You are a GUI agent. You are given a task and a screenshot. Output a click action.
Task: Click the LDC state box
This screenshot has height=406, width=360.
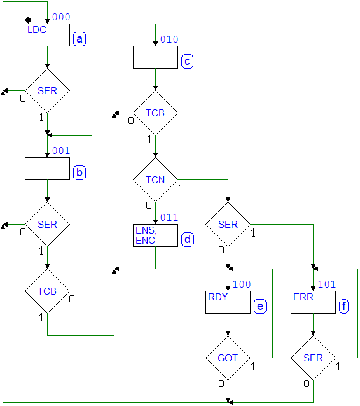click(47, 35)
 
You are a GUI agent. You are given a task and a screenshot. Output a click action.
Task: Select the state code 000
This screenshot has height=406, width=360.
click(61, 17)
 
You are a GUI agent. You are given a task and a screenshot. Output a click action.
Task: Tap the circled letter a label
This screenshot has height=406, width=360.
click(80, 39)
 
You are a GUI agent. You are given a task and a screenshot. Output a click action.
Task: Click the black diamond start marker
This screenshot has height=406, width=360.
click(28, 20)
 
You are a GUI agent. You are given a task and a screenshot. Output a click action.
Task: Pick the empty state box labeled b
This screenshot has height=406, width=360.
click(47, 169)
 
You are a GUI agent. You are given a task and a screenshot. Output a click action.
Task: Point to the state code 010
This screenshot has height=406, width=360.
click(169, 39)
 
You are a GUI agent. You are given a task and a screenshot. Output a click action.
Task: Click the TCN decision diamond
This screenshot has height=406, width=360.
click(155, 179)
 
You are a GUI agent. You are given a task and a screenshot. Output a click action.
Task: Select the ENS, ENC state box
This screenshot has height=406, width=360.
click(155, 235)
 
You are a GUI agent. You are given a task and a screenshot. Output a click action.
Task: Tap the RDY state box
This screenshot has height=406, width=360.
click(228, 302)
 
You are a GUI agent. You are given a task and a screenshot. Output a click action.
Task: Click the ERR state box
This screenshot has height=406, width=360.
click(313, 302)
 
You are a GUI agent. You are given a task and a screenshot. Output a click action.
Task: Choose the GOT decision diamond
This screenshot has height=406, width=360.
click(228, 358)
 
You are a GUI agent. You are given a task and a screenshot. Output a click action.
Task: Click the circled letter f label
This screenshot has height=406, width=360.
click(343, 306)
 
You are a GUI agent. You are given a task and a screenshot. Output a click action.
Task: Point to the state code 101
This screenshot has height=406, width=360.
click(327, 284)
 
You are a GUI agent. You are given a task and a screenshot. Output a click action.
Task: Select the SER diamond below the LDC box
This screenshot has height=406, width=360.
click(47, 90)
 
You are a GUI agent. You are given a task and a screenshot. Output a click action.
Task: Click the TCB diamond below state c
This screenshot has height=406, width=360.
click(155, 113)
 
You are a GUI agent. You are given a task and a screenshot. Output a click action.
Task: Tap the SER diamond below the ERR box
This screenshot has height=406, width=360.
click(313, 358)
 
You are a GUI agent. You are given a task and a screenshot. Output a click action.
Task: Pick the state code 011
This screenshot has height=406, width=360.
click(169, 218)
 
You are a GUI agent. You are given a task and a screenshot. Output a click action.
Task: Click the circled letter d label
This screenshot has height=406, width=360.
click(188, 239)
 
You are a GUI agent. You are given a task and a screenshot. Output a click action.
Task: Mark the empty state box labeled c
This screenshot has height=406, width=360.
click(155, 57)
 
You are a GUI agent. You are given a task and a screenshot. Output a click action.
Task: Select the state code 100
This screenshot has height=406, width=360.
click(242, 284)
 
